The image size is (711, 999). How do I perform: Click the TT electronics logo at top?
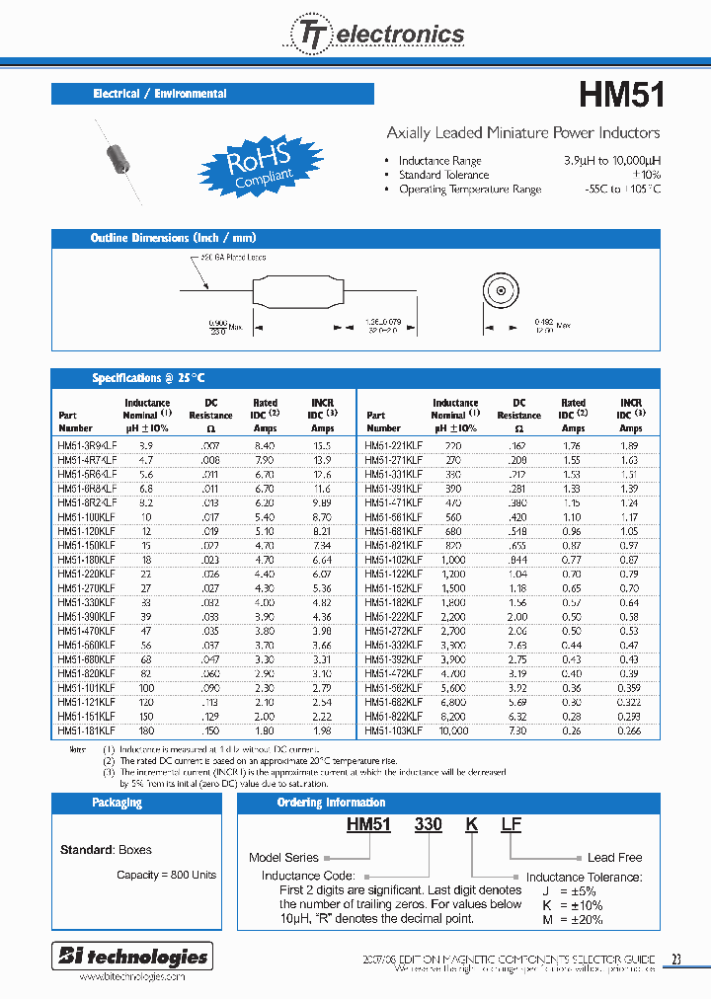375,35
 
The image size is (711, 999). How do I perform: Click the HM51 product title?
620,95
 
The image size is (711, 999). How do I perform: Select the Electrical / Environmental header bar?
212,94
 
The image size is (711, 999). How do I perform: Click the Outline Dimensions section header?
212,238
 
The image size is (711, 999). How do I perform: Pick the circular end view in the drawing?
501,294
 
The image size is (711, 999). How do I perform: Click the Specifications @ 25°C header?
212,378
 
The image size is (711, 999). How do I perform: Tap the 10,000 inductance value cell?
454,730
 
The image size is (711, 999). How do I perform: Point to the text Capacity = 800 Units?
166,875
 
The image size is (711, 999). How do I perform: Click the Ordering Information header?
331,803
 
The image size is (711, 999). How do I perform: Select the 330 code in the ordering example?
428,824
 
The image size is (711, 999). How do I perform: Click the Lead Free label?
614,858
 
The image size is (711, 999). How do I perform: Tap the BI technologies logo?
130,956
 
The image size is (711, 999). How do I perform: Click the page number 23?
675,959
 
